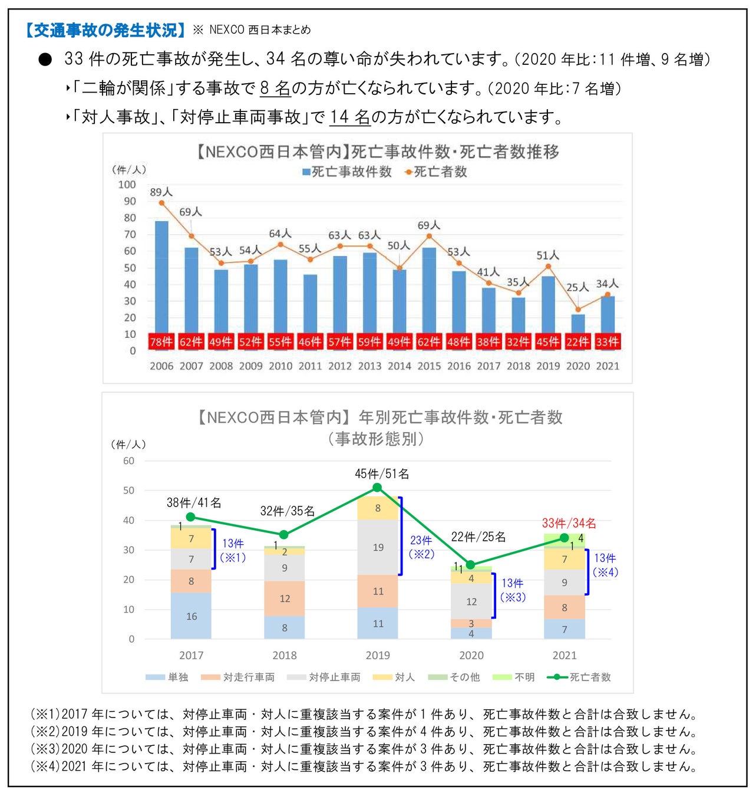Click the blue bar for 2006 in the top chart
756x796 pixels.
point(161,277)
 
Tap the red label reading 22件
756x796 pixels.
point(577,342)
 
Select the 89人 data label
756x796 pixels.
point(161,192)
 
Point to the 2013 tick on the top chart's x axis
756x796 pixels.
point(369,366)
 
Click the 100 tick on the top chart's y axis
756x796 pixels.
point(127,185)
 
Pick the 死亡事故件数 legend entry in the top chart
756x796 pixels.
point(347,172)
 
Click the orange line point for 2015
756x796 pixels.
point(429,236)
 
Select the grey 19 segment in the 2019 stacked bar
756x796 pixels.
point(378,547)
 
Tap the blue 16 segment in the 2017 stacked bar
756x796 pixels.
point(191,616)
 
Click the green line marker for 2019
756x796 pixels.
point(378,488)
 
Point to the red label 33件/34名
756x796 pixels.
point(569,523)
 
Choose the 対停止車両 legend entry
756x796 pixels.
point(323,677)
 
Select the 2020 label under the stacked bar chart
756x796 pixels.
point(471,655)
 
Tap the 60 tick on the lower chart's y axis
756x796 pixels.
point(128,461)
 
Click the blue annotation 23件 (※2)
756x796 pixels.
point(421,547)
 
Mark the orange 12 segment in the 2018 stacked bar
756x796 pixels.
point(285,598)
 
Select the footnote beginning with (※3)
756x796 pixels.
point(364,749)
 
